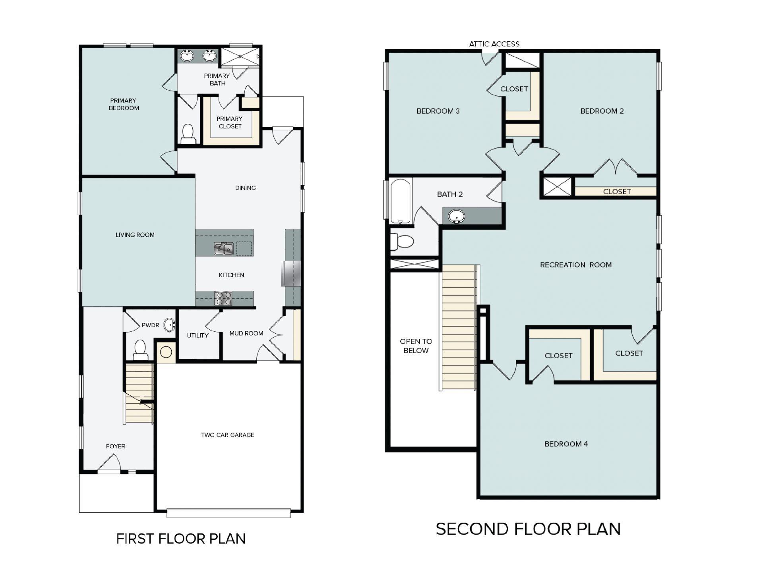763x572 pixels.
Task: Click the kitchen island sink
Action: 224,249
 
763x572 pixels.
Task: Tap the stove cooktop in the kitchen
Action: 224,298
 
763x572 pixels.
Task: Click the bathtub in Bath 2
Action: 400,201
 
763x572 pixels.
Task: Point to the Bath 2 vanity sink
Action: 457,216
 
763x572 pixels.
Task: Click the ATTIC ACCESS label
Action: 494,44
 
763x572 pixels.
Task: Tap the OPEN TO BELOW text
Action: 416,346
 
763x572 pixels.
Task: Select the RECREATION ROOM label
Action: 575,265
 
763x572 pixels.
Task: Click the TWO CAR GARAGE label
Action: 227,435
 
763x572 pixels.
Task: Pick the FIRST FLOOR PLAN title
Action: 181,539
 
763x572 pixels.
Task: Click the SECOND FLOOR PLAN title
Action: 528,529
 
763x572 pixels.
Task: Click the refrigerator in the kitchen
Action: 291,273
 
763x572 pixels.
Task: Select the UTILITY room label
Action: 198,336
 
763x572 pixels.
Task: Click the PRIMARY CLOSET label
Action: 230,123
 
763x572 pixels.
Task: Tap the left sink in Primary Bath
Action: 187,56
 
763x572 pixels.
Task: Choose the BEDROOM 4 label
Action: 566,444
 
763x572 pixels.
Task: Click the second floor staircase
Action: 459,328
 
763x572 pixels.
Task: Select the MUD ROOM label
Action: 246,333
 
